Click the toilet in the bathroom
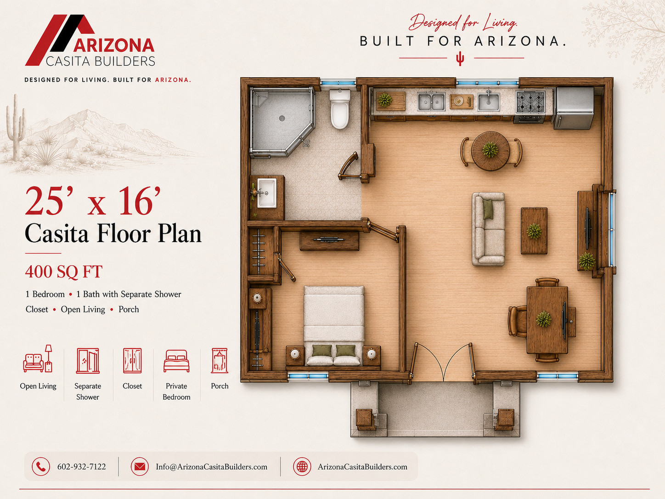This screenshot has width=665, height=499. (x=340, y=109)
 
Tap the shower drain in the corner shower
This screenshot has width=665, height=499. (x=282, y=118)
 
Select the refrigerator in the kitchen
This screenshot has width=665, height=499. (x=574, y=108)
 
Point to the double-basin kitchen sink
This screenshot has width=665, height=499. (x=431, y=101)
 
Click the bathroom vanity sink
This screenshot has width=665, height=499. (x=267, y=193)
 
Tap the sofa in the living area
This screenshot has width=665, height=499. (x=488, y=229)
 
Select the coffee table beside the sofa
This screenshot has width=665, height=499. (x=534, y=231)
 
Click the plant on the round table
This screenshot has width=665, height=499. (x=490, y=150)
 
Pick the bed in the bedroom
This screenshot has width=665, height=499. (x=334, y=325)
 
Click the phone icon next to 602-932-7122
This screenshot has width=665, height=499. (x=41, y=466)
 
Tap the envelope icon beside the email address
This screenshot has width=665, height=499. (x=140, y=466)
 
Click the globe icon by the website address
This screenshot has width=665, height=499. (x=302, y=466)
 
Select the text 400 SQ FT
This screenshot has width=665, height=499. (x=64, y=272)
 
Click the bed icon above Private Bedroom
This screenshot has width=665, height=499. (x=176, y=361)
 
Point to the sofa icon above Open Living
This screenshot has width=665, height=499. (x=38, y=358)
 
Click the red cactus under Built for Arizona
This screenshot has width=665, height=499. (x=460, y=58)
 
